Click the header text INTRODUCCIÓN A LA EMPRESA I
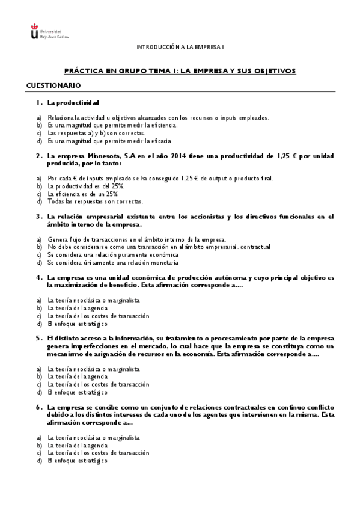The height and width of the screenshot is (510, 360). click(x=180, y=46)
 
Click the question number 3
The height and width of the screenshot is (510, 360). click(x=38, y=217)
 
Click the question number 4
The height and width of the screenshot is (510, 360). click(x=38, y=277)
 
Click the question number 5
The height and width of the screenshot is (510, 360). click(x=38, y=338)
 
